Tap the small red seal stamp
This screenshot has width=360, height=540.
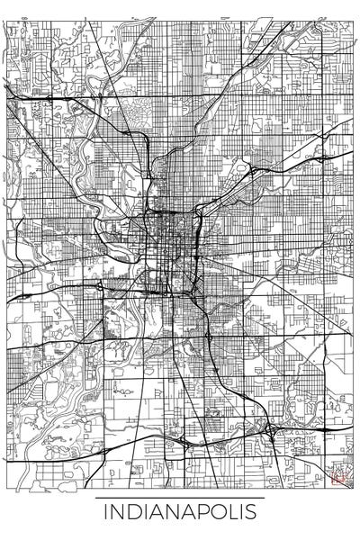click(x=340, y=478)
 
